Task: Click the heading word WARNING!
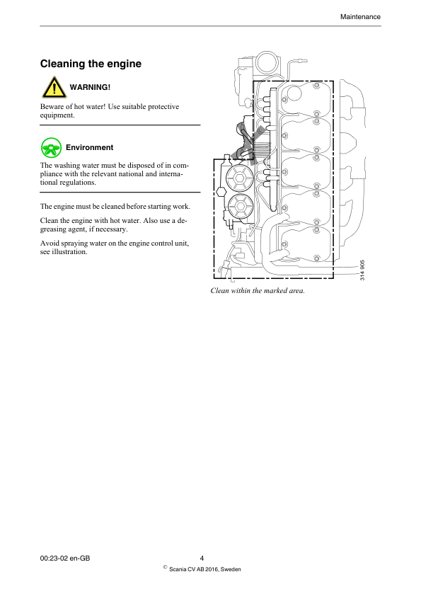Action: tap(90, 87)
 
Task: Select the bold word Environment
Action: tap(89, 147)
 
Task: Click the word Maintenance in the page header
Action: tap(360, 16)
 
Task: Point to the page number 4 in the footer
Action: tap(202, 558)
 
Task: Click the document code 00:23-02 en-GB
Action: tap(65, 558)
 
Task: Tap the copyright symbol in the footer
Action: tap(165, 567)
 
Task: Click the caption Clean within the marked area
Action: tap(257, 290)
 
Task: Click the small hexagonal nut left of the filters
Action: tap(221, 191)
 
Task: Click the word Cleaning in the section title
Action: tap(62, 64)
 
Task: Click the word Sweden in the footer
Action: tap(231, 568)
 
